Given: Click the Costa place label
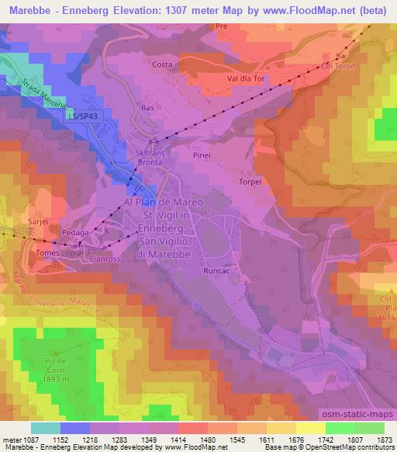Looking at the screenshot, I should tap(162, 64).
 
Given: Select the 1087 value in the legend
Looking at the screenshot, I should tap(28, 440).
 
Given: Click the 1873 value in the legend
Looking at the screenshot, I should tap(382, 440).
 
